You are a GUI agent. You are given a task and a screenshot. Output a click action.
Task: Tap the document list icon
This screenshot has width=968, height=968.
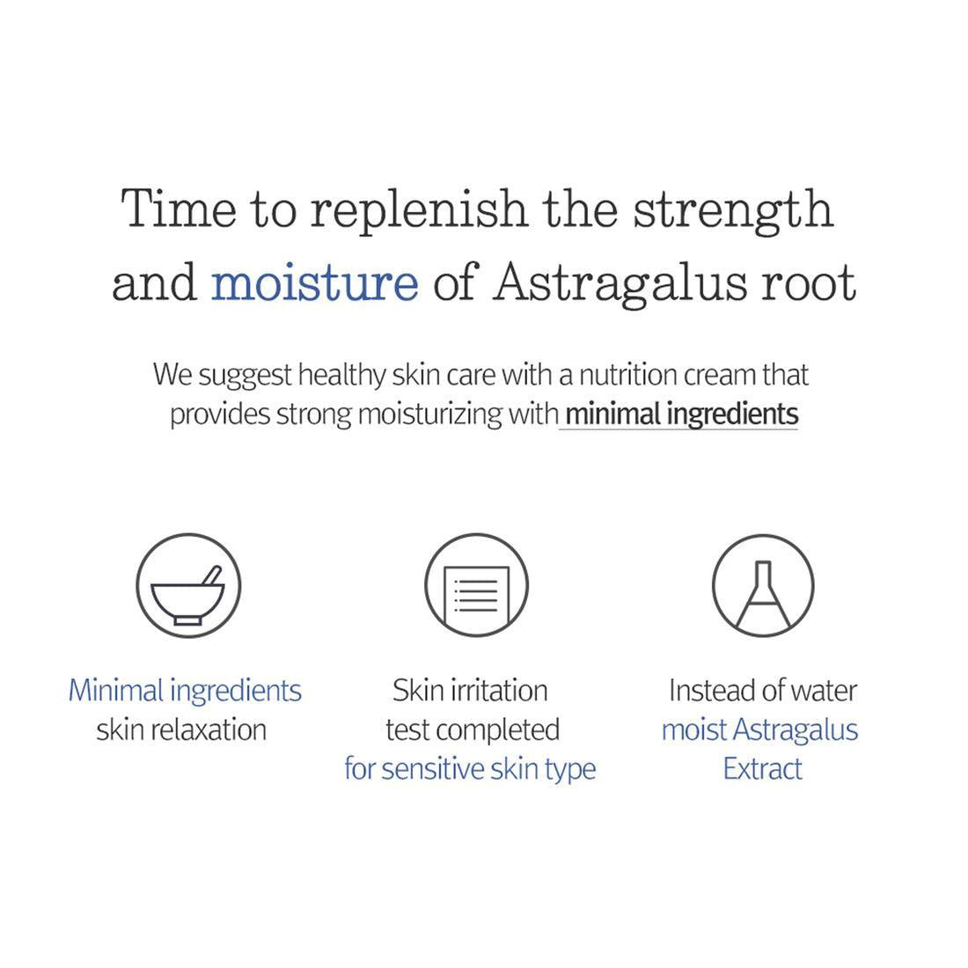click(x=476, y=586)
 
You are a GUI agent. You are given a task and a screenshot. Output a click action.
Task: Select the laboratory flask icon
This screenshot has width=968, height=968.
click(x=762, y=586)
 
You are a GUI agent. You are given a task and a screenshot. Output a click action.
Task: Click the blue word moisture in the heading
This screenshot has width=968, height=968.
click(x=314, y=283)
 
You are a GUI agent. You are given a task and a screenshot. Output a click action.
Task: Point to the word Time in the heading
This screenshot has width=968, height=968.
click(x=179, y=209)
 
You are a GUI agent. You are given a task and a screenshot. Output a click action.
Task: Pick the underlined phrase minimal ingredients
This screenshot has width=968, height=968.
click(x=680, y=414)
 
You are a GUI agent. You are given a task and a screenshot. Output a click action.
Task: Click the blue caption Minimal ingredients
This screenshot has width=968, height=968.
click(x=185, y=691)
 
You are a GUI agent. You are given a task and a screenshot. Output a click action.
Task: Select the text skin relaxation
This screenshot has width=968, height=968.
click(x=181, y=730)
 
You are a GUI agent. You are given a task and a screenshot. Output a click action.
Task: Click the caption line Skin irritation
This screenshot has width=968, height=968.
click(x=470, y=691)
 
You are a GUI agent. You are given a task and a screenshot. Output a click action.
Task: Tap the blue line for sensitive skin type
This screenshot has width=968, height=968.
click(x=470, y=769)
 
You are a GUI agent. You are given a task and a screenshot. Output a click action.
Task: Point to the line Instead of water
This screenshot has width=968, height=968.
click(x=762, y=691)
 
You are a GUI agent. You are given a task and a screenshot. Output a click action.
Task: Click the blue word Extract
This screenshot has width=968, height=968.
click(x=762, y=769)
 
